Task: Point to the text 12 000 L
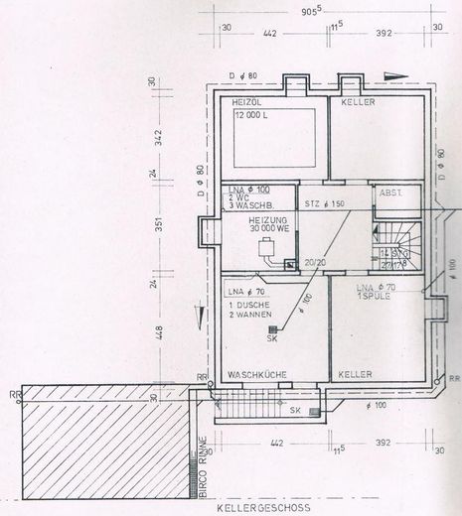point(254,115)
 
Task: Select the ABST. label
point(389,194)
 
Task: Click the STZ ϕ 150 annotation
point(323,203)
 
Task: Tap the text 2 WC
point(238,195)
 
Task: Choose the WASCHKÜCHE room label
point(257,374)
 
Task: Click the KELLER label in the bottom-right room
point(356,374)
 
